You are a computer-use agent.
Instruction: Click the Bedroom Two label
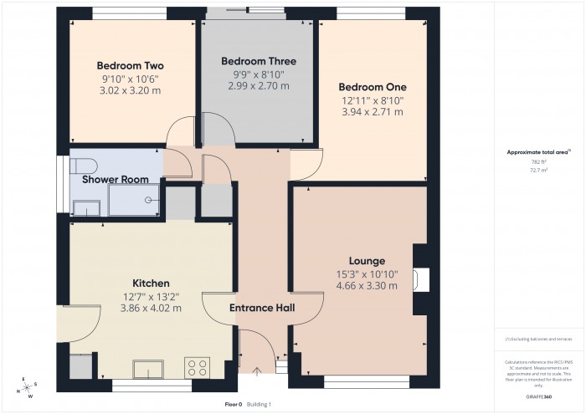tap(130, 66)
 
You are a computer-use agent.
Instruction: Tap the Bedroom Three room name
tap(258, 61)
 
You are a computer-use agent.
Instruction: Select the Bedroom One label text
tap(372, 87)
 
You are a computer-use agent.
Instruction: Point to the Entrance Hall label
tap(262, 309)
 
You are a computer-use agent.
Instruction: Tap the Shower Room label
tap(115, 179)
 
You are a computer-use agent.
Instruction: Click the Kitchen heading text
tap(151, 284)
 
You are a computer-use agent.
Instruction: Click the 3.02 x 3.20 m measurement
tap(130, 91)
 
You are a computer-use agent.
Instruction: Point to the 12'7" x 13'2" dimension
tap(151, 296)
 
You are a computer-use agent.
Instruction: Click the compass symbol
tap(27, 386)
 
